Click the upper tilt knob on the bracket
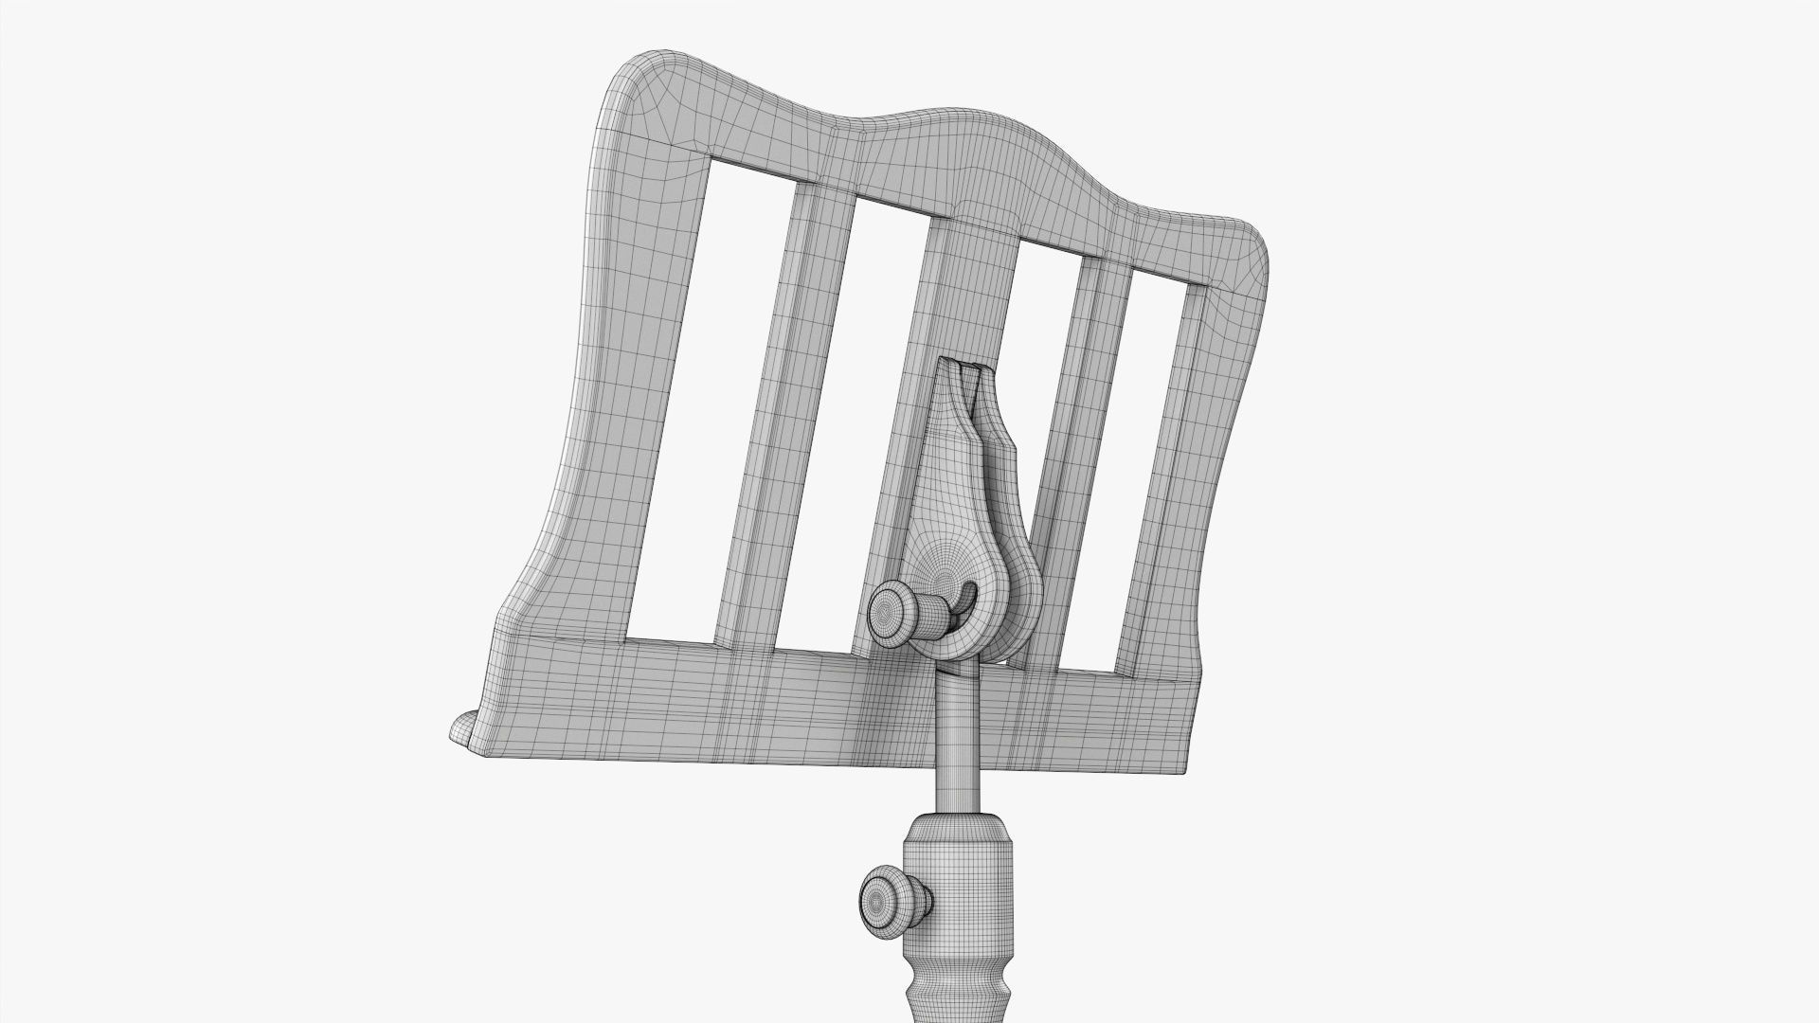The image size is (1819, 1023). [892, 614]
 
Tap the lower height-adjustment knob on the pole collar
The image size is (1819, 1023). [883, 898]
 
